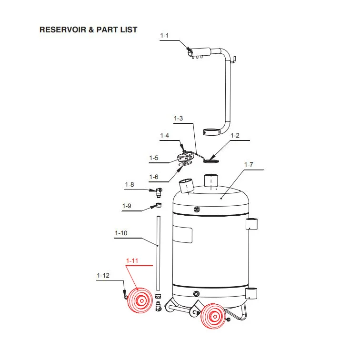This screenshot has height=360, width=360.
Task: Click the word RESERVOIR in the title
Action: (x=63, y=30)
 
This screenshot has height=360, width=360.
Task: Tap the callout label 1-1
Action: (x=164, y=36)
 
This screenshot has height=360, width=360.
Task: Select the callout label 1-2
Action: (x=235, y=135)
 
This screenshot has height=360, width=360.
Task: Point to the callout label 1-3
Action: (x=179, y=119)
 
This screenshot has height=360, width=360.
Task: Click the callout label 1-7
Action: (x=249, y=165)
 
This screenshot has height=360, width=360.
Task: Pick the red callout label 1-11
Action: (x=132, y=261)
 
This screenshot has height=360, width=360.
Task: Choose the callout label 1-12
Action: (x=103, y=276)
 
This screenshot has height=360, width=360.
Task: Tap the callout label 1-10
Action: (x=121, y=233)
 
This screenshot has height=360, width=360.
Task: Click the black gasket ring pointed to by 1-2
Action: (x=211, y=161)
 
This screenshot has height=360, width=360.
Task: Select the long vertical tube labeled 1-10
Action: (x=158, y=253)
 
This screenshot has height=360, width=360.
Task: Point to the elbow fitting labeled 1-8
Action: (x=159, y=193)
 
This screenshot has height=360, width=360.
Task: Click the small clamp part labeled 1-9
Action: (x=159, y=205)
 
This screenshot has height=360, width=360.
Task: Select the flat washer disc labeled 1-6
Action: (x=185, y=164)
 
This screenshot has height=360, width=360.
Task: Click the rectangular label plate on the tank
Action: (x=182, y=234)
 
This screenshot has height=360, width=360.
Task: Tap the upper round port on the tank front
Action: (x=197, y=209)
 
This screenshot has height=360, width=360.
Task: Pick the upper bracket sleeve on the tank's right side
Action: (x=251, y=224)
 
